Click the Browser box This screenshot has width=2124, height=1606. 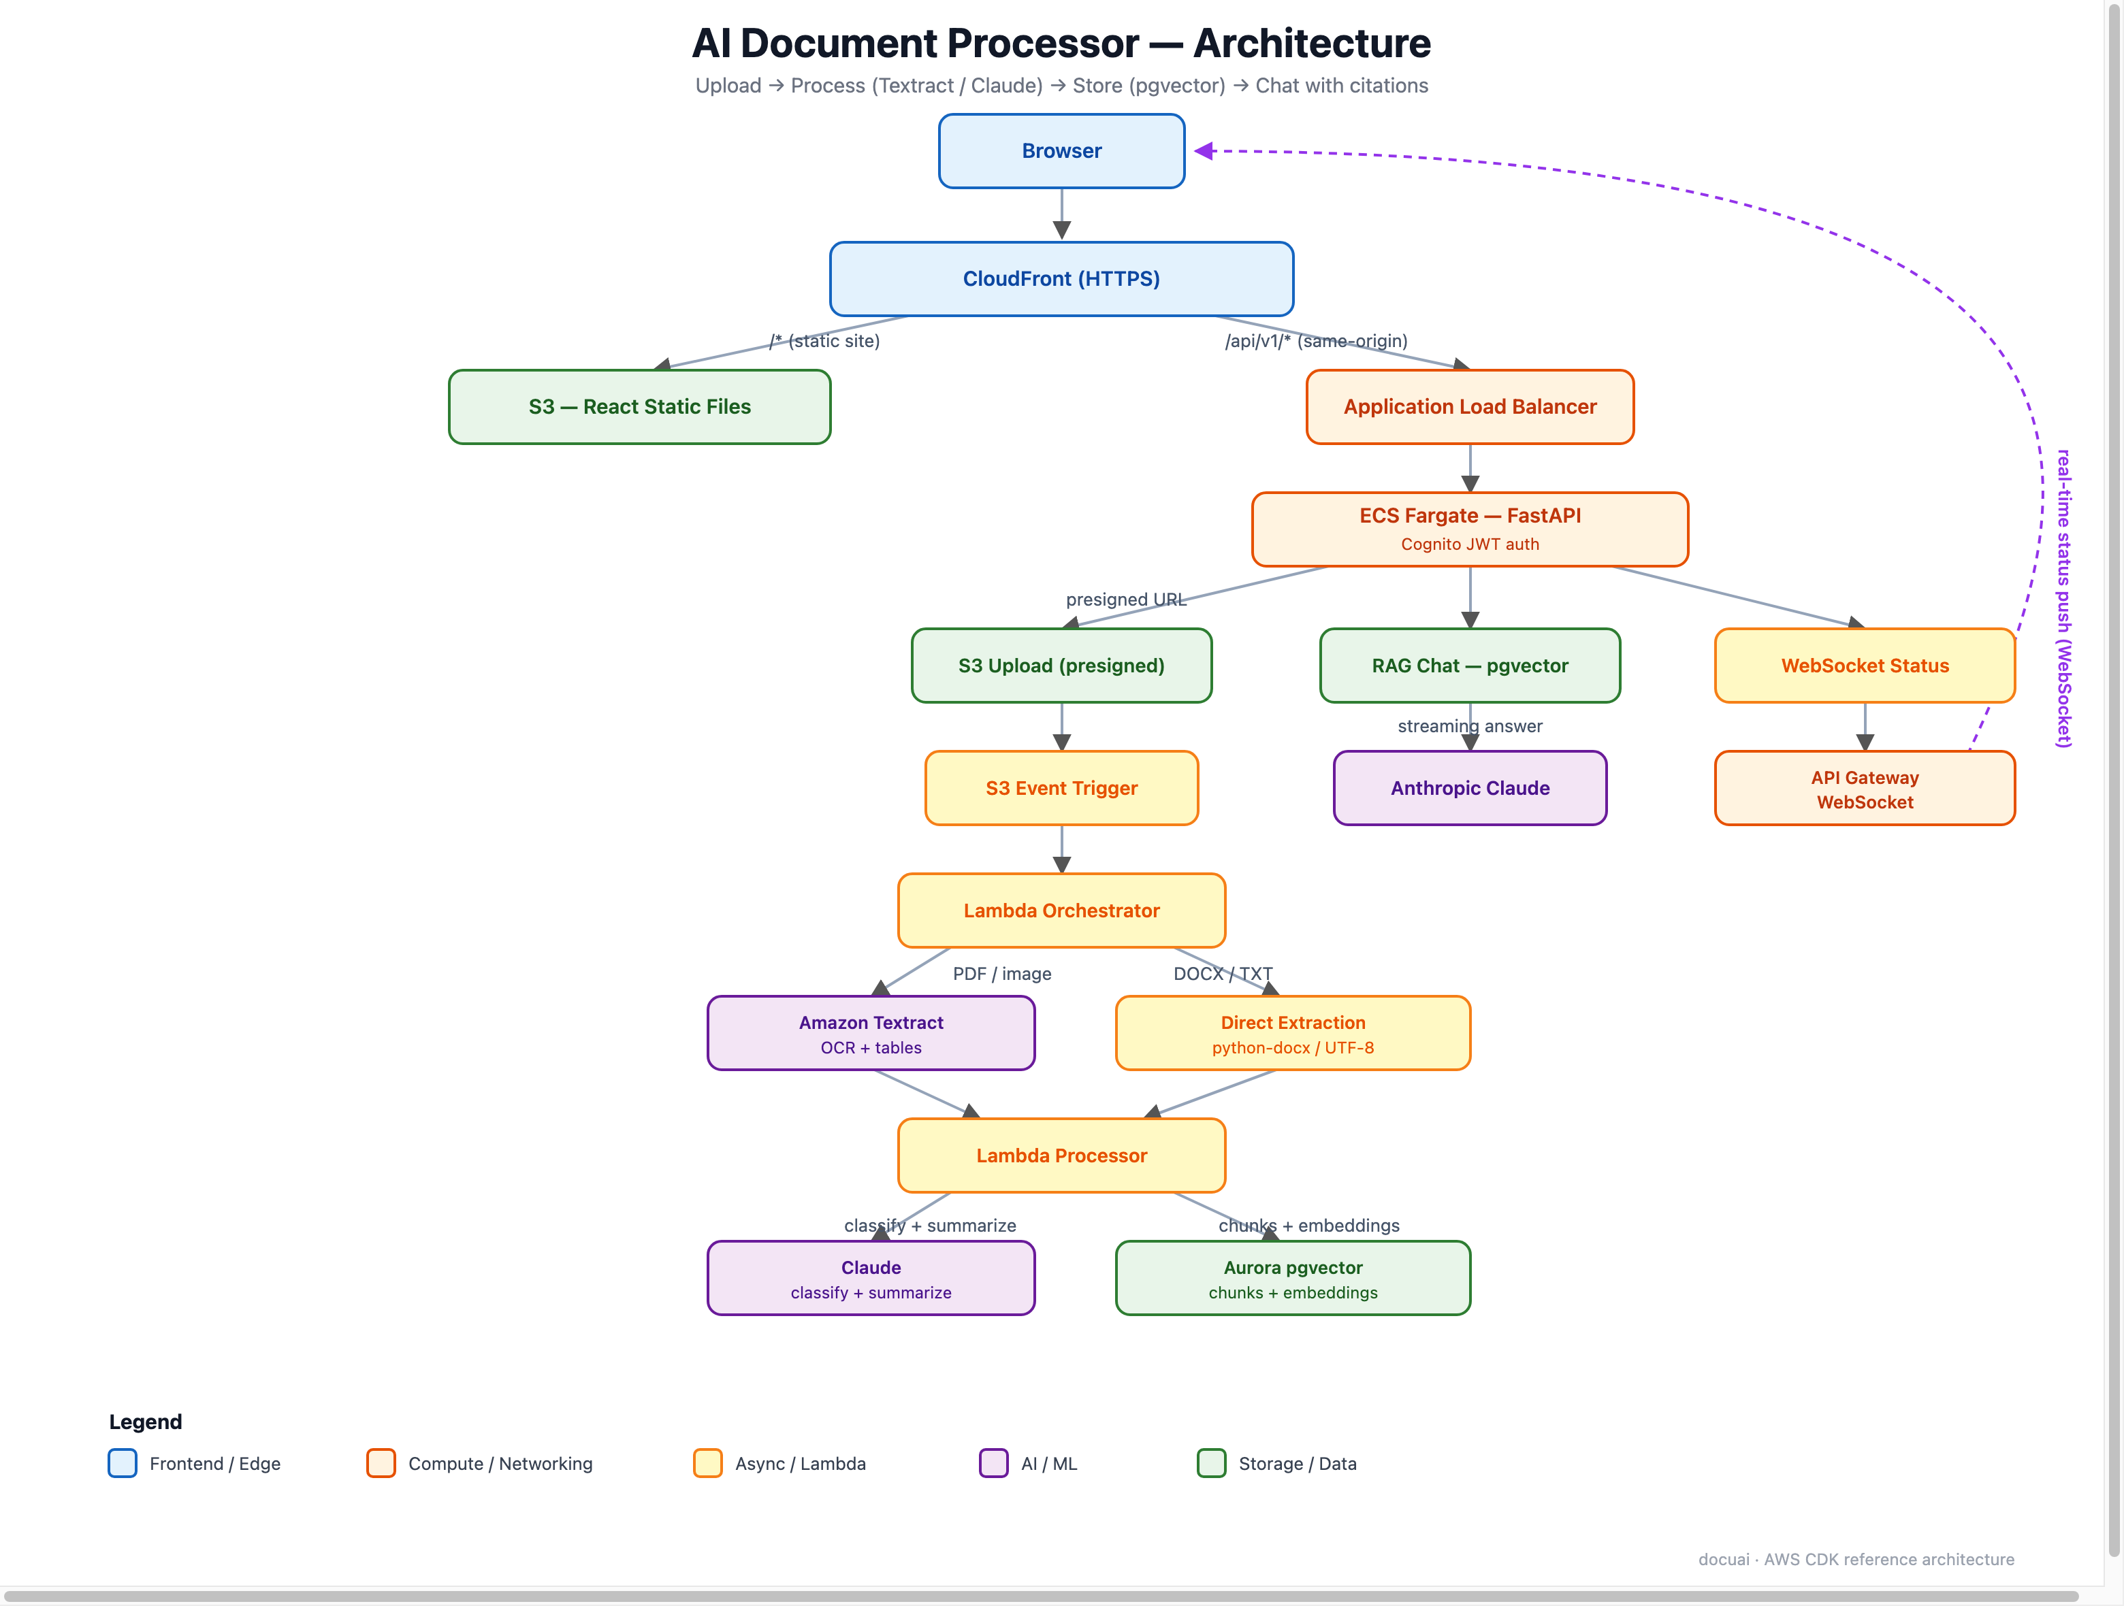[1061, 150]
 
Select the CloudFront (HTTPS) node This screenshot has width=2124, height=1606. [1061, 278]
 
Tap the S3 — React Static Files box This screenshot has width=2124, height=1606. [639, 406]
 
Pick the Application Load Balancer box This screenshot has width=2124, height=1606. [1469, 406]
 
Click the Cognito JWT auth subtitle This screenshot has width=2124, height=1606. [1469, 544]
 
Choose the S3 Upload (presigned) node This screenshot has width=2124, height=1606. [1061, 666]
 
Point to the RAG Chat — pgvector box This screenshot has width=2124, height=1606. [1469, 666]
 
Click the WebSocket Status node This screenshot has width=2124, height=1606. [1864, 666]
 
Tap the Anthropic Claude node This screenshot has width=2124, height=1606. [1469, 788]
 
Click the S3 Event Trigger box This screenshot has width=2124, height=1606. [1061, 788]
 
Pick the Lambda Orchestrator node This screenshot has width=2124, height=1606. [1061, 910]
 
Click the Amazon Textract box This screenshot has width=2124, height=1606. [871, 1033]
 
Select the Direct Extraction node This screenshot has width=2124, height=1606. [1293, 1033]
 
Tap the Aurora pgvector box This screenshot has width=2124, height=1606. [1293, 1278]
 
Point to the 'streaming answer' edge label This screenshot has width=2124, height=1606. [1469, 725]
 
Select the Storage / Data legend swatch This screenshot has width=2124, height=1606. [1211, 1463]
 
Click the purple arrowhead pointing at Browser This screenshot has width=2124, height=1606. [1204, 150]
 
